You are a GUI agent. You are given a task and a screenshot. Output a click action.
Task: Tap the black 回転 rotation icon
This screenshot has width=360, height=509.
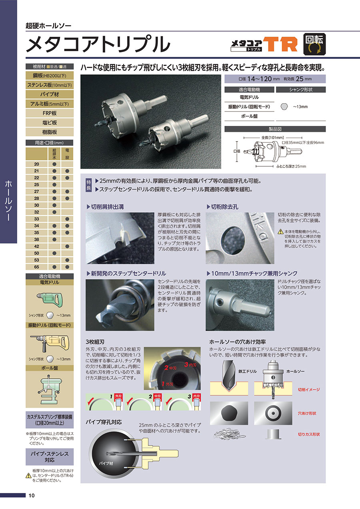(x=315, y=44)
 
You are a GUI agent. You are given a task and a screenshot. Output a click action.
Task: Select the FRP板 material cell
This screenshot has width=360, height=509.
(x=50, y=113)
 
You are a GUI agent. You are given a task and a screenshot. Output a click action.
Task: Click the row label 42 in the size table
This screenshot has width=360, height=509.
(x=36, y=246)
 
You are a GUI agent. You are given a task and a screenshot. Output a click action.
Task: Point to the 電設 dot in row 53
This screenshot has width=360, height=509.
(x=67, y=260)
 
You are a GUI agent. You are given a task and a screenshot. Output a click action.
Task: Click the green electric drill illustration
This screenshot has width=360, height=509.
(x=50, y=299)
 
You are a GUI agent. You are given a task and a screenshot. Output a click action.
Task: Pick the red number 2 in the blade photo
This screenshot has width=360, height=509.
(x=166, y=367)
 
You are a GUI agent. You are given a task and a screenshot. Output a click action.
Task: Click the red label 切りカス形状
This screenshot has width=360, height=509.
(x=309, y=434)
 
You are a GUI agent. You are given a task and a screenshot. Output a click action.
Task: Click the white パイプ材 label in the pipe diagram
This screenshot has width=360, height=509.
(x=106, y=463)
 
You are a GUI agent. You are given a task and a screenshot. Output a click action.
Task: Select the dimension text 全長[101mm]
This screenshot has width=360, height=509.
(x=273, y=138)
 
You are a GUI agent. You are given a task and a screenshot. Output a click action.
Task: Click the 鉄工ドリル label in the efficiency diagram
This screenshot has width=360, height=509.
(x=248, y=371)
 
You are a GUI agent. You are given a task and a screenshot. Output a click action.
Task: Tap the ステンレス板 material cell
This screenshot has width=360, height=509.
(x=50, y=85)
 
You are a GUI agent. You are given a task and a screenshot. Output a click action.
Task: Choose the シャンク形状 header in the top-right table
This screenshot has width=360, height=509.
(x=301, y=90)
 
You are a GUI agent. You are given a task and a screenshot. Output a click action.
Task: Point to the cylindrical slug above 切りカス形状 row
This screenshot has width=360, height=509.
(x=273, y=434)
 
